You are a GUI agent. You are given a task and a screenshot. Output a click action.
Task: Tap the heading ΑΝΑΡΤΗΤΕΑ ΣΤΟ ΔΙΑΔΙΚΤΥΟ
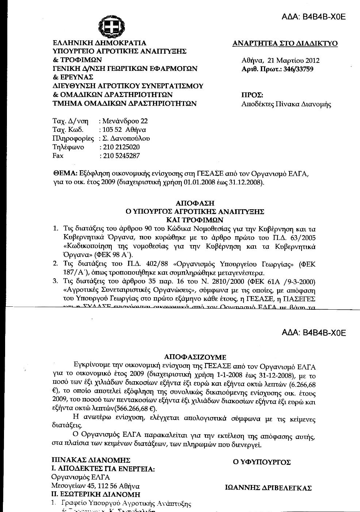pos(285,43)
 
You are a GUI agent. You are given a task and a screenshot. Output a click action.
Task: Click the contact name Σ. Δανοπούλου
pos(126,138)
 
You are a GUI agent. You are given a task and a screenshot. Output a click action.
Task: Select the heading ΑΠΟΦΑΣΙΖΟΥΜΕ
pos(195,357)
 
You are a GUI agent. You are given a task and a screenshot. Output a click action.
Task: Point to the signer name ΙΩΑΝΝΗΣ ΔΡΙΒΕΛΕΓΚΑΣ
pos(268,488)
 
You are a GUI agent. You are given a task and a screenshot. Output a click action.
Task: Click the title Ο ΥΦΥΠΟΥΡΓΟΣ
pos(262,462)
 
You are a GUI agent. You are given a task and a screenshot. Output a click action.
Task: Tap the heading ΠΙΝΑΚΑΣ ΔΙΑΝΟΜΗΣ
pos(91,460)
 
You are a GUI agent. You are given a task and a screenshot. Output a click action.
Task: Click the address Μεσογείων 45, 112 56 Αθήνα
pos(95,486)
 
